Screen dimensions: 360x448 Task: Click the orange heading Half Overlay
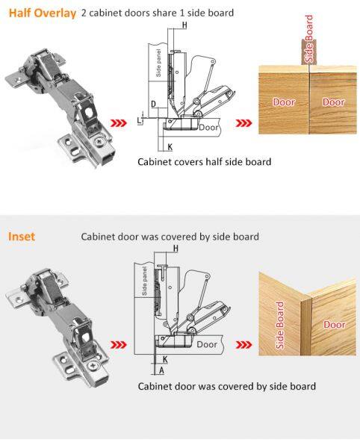pyautogui.click(x=43, y=13)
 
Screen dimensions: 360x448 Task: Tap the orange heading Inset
pyautogui.click(x=22, y=237)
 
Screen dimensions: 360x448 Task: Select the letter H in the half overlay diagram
pyautogui.click(x=184, y=25)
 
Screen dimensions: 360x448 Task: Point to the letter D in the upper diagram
pyautogui.click(x=154, y=104)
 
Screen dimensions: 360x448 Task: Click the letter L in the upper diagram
pyautogui.click(x=139, y=120)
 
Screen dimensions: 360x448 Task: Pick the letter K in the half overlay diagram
pyautogui.click(x=170, y=147)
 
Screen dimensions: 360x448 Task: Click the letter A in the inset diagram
pyautogui.click(x=162, y=370)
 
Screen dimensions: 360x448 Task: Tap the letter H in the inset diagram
pyautogui.click(x=176, y=249)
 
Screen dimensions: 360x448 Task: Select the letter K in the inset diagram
pyautogui.click(x=165, y=359)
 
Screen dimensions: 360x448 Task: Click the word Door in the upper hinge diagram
pyautogui.click(x=208, y=128)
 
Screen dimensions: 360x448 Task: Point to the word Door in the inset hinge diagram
pyautogui.click(x=207, y=344)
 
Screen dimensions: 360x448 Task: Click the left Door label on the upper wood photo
pyautogui.click(x=284, y=102)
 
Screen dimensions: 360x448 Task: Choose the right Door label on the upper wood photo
pyautogui.click(x=333, y=102)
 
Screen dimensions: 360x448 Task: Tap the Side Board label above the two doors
pyautogui.click(x=309, y=39)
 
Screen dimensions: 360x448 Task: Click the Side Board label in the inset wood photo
pyautogui.click(x=280, y=325)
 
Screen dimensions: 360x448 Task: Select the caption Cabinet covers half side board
pyautogui.click(x=205, y=162)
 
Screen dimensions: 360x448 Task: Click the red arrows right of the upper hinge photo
pyautogui.click(x=119, y=123)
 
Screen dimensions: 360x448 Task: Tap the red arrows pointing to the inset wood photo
pyautogui.click(x=243, y=345)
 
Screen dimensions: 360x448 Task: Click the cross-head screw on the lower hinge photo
pyautogui.click(x=93, y=365)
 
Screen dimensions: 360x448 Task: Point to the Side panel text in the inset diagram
pyautogui.click(x=145, y=281)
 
